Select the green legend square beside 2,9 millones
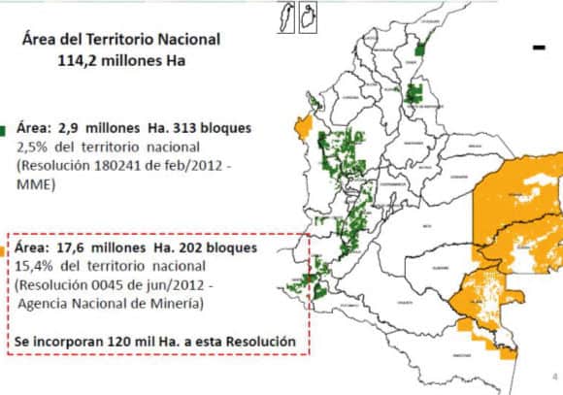coord(4,129)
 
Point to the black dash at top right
coord(538,47)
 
